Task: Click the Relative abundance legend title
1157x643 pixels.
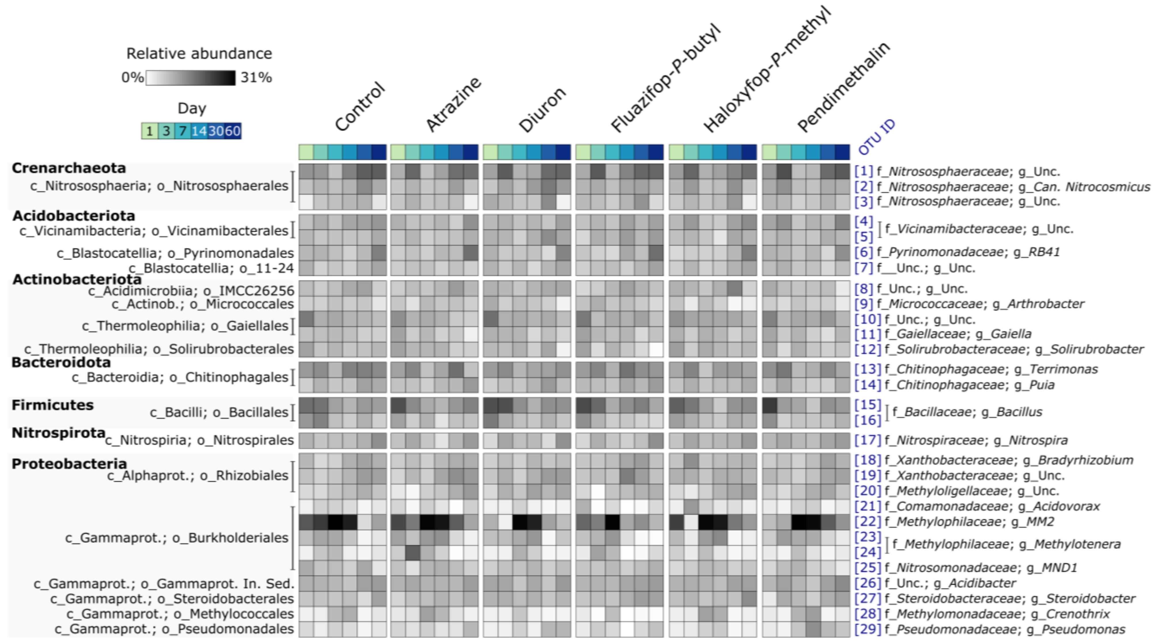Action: click(x=199, y=53)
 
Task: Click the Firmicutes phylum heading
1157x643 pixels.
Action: click(x=52, y=405)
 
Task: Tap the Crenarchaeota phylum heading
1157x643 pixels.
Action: click(x=69, y=168)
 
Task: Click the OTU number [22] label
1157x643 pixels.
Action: click(x=867, y=522)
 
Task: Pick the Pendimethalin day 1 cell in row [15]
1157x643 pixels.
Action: click(x=770, y=405)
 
